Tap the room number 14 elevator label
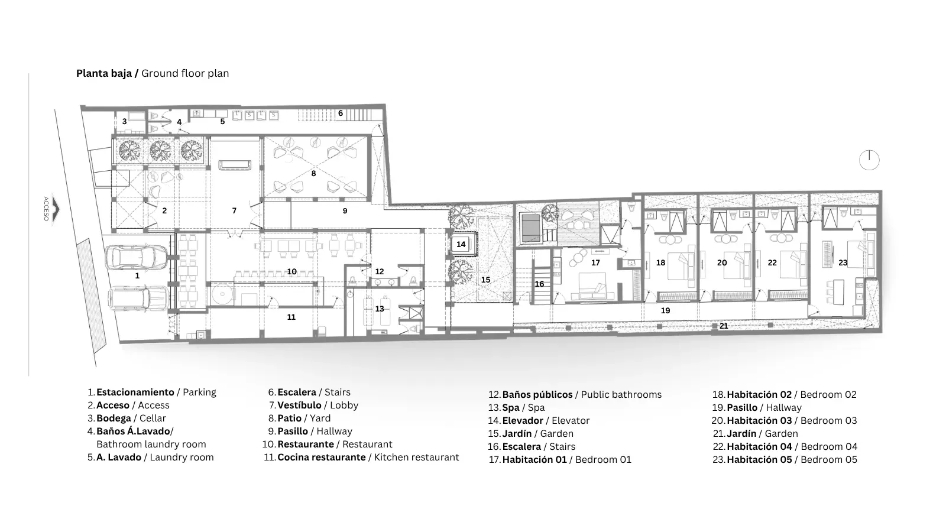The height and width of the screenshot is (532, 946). (461, 244)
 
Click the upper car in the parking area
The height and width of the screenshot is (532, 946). (136, 257)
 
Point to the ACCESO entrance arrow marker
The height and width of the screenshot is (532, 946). (56, 209)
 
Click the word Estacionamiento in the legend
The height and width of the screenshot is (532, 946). (135, 392)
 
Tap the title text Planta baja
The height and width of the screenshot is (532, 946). (104, 73)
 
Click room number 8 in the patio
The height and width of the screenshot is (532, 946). (313, 174)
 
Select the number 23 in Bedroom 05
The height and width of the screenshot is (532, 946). (843, 262)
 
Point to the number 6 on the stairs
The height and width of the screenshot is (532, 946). (341, 113)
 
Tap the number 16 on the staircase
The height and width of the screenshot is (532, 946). (539, 284)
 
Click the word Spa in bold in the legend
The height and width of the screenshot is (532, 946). (511, 408)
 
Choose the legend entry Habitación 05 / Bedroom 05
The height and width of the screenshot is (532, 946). (785, 460)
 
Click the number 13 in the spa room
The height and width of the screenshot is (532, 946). (380, 309)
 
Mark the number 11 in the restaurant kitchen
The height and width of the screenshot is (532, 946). (291, 317)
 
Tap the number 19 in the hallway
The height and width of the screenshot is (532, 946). (666, 311)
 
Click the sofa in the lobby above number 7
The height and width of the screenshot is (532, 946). (235, 165)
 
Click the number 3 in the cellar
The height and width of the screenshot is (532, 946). (125, 122)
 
